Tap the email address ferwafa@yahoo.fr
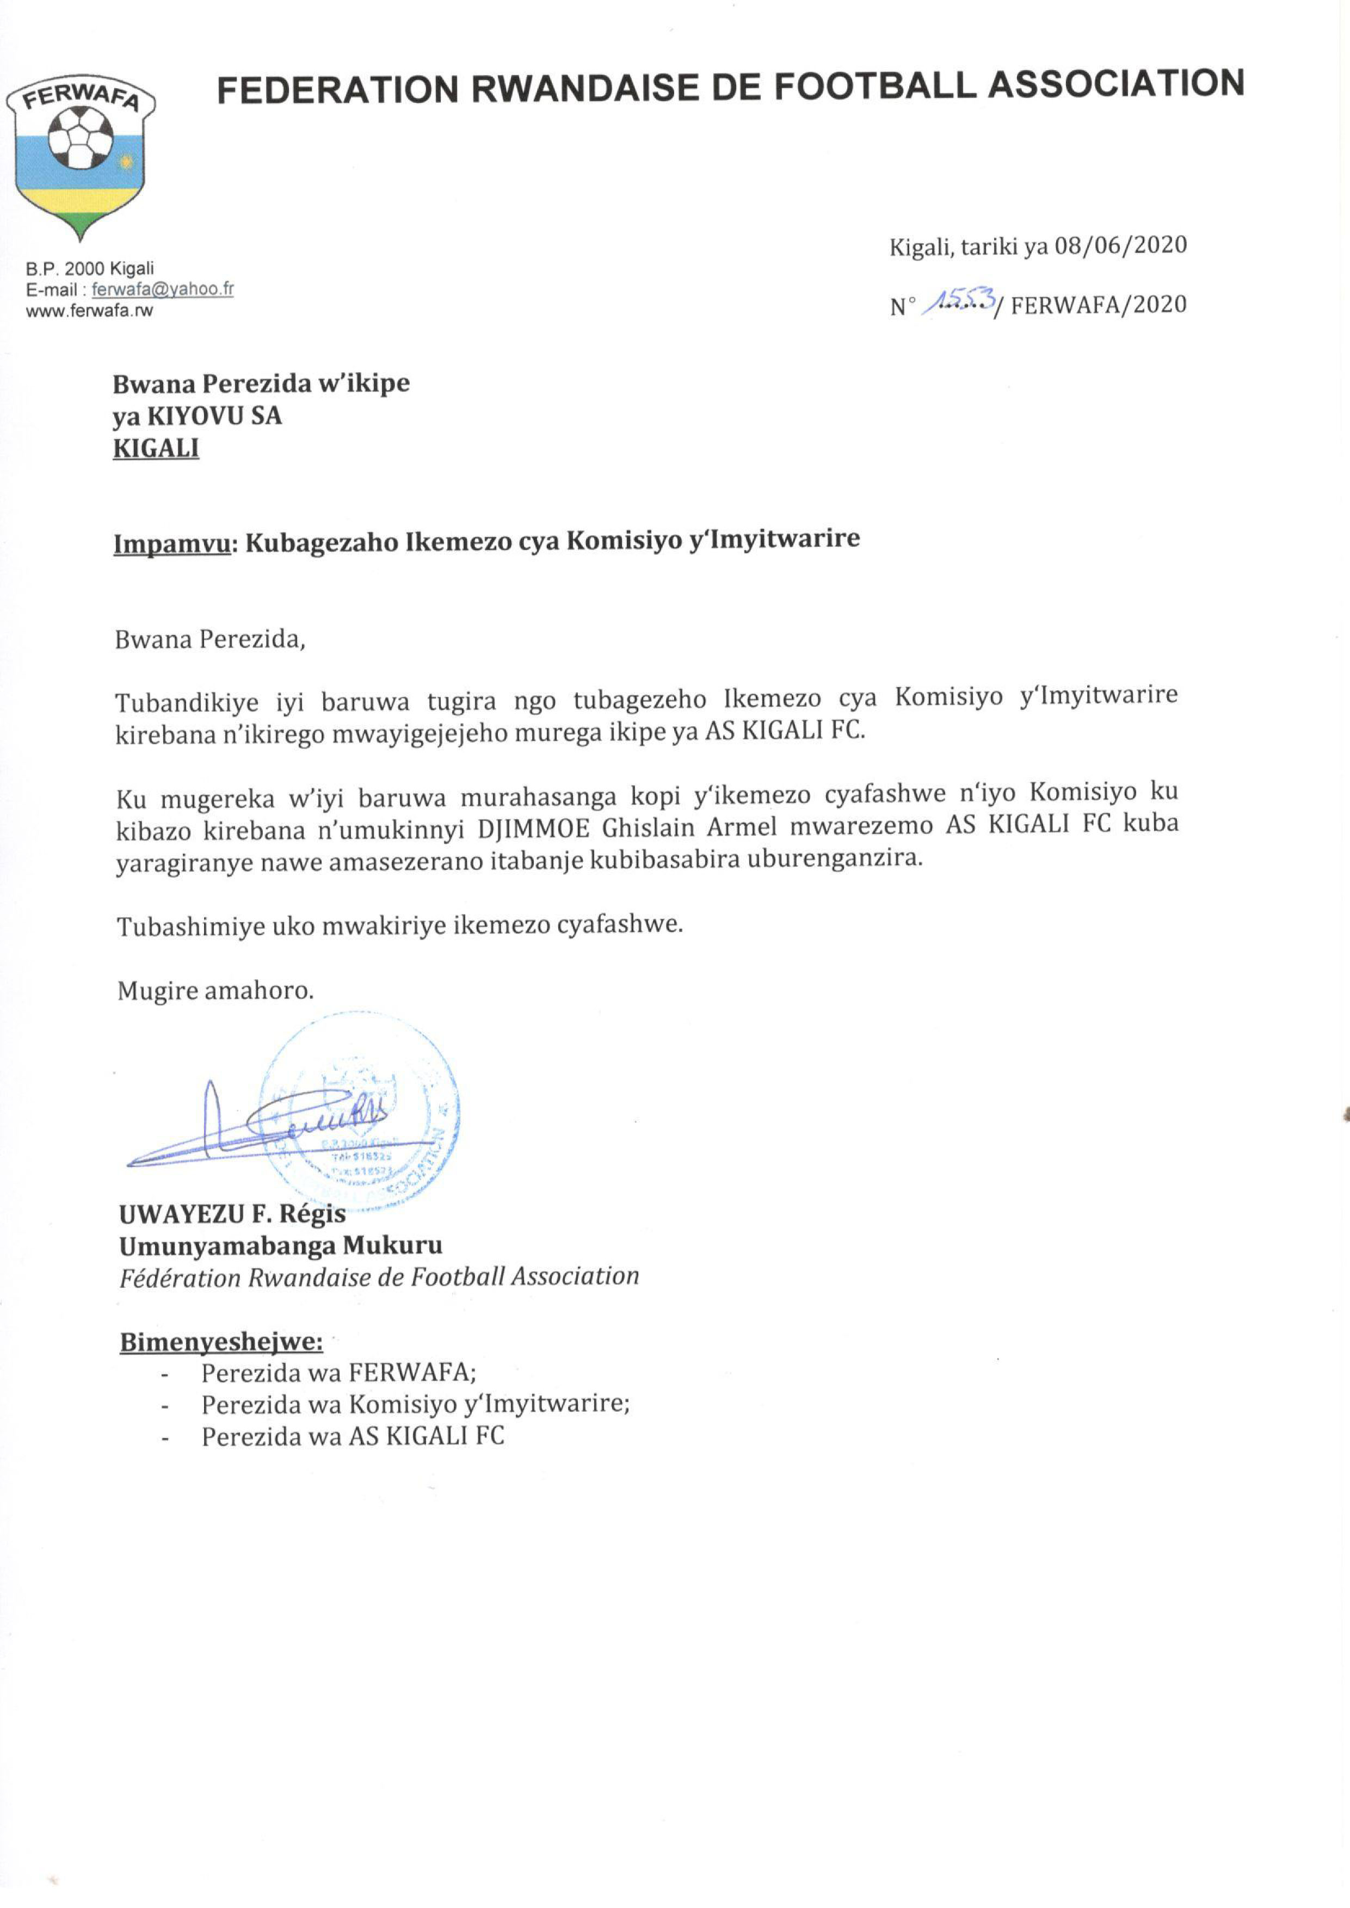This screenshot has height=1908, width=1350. click(x=163, y=289)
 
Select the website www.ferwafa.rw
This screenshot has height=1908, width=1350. click(x=90, y=311)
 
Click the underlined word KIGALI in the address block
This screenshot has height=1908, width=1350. click(x=156, y=449)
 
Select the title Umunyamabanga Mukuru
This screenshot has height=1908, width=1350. click(x=281, y=1246)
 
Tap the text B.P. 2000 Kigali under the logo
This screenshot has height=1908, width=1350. click(x=90, y=268)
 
